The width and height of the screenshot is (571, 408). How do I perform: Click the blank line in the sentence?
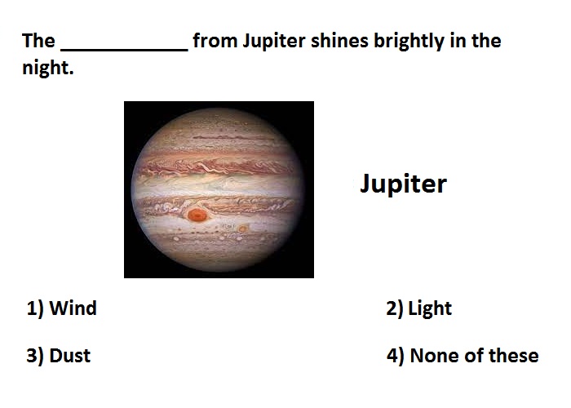124,50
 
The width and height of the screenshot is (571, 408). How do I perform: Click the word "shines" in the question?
339,41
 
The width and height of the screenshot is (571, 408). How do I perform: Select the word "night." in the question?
47,69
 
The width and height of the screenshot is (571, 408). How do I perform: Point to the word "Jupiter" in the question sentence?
274,42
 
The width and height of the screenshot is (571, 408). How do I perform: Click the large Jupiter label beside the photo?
403,184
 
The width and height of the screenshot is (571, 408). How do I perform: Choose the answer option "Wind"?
73,308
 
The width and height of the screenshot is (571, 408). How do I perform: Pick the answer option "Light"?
430,309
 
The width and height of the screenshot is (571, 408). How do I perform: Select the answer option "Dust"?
69,356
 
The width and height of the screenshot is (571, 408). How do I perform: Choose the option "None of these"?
474,356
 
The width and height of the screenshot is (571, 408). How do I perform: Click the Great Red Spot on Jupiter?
197,215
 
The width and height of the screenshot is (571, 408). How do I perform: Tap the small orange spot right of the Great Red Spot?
242,228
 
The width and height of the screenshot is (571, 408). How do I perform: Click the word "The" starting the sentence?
38,41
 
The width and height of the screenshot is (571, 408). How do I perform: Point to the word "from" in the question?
215,41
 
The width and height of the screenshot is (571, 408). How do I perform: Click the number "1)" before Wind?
35,309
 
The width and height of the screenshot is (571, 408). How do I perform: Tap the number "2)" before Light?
394,309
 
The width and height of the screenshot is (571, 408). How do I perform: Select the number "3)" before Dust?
35,357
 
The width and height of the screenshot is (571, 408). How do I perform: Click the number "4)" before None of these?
395,357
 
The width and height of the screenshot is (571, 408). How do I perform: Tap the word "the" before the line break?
486,41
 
